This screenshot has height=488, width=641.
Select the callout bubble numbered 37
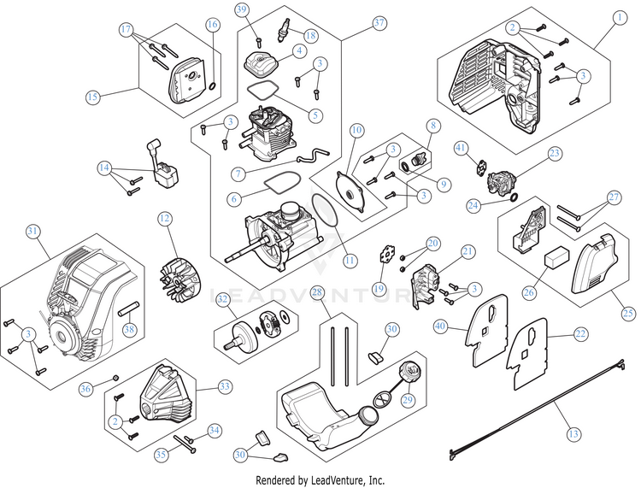(379, 22)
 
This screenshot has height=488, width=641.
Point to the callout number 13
(573, 433)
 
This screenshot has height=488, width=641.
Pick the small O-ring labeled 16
(213, 86)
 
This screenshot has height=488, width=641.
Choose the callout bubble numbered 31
(32, 231)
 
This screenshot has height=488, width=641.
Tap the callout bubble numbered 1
(620, 17)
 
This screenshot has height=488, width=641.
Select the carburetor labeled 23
(502, 183)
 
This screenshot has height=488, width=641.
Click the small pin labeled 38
(129, 309)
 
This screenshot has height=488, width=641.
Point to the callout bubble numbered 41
(461, 148)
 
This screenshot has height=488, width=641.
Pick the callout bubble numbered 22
(580, 334)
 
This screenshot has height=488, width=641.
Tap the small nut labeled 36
(115, 377)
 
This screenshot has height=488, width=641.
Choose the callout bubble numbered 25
(628, 314)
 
